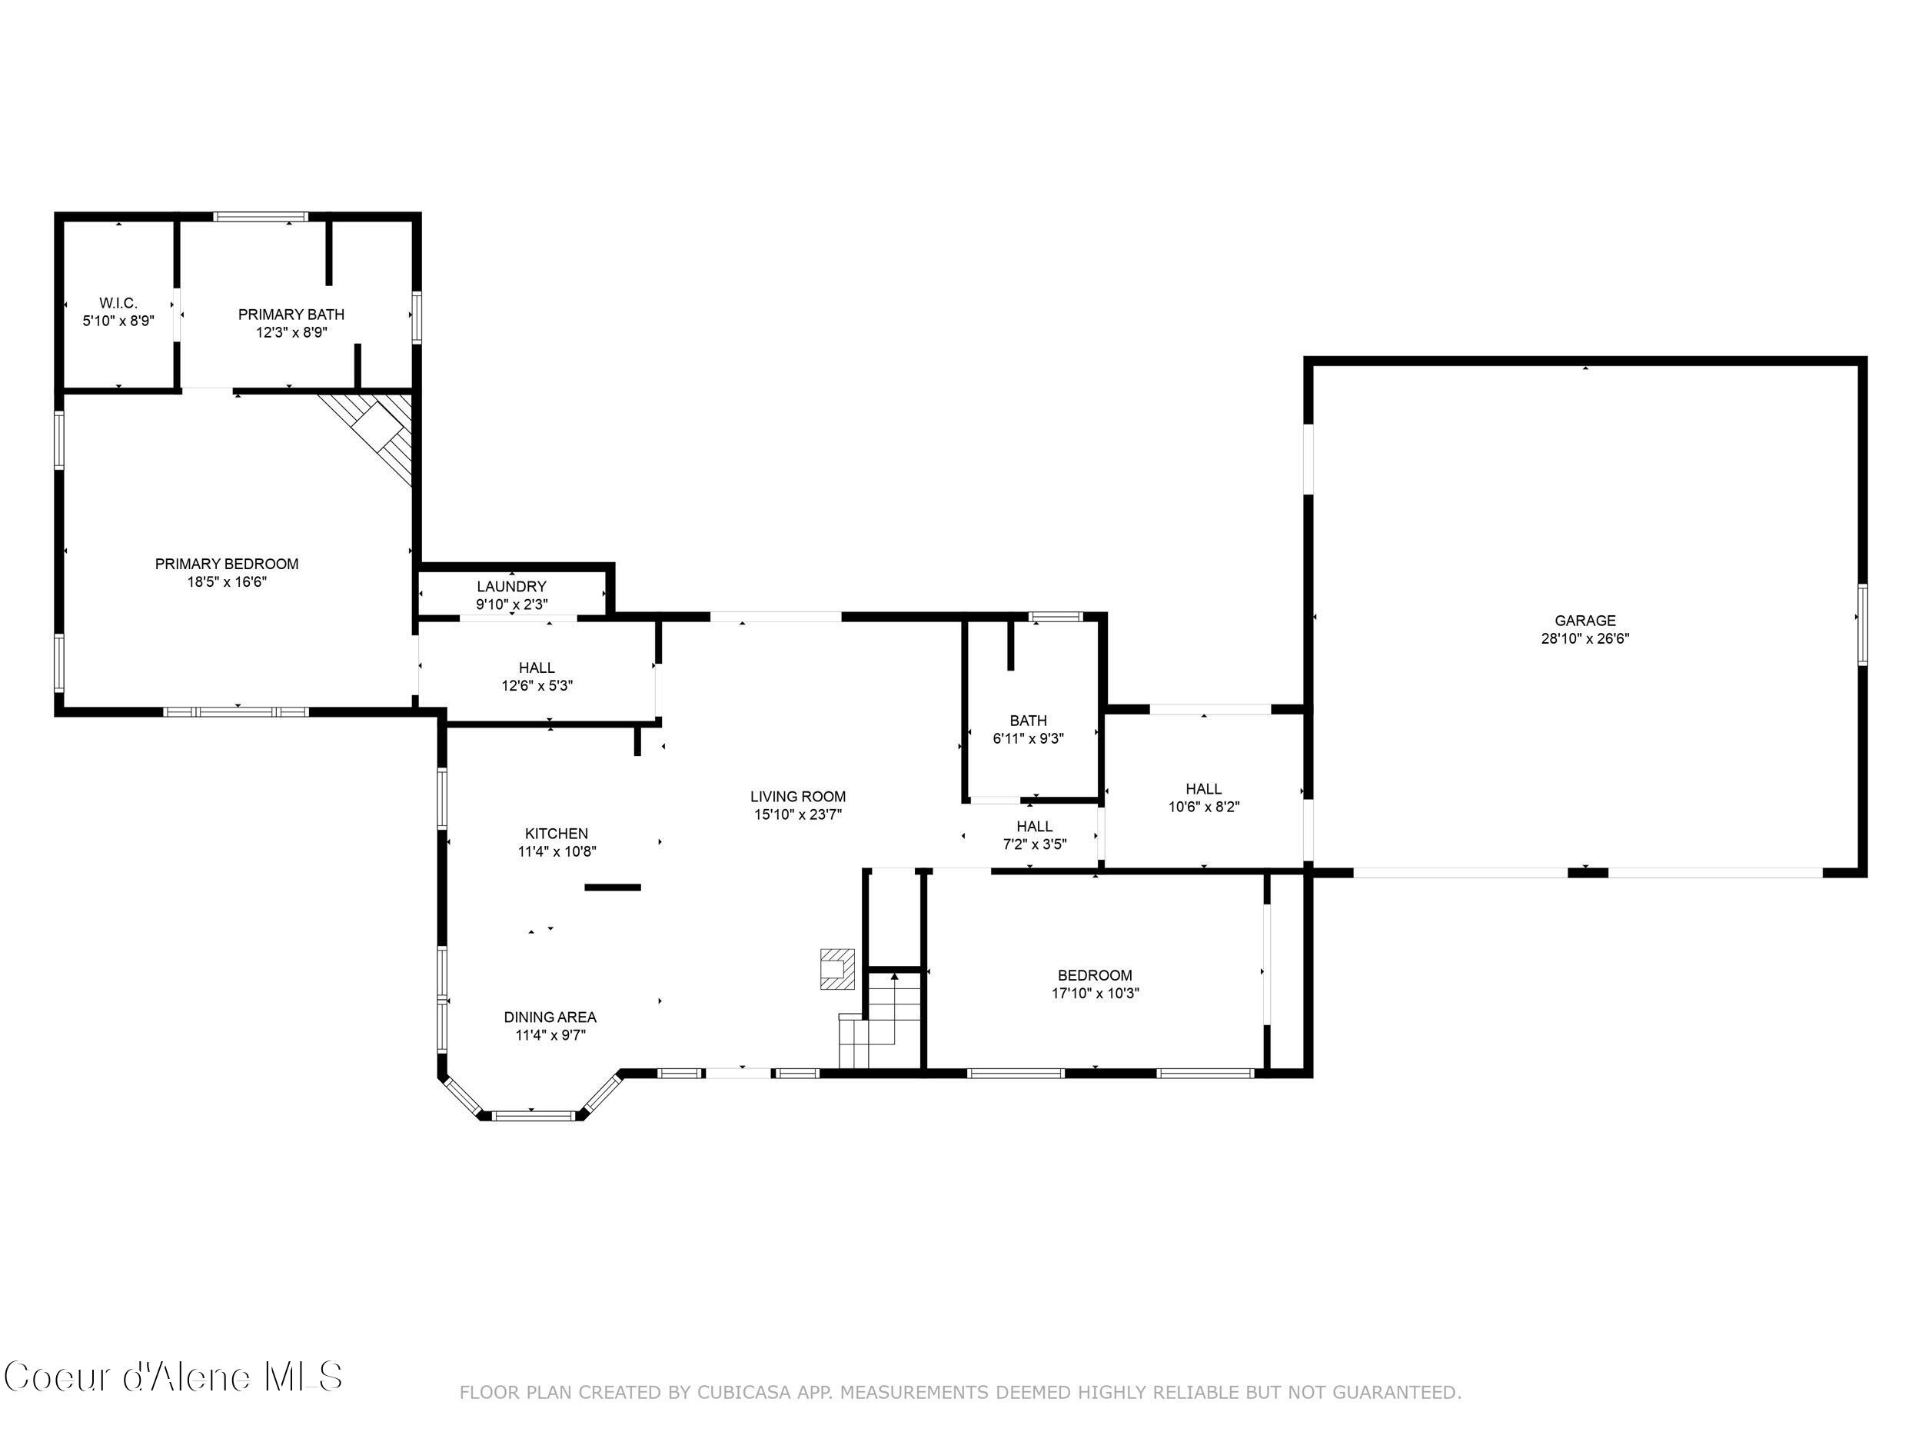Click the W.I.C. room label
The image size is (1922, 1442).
click(x=118, y=303)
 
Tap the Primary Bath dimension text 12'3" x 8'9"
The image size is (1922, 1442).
click(x=291, y=332)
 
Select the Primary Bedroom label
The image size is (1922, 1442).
click(x=227, y=564)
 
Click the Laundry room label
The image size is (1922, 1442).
click(x=511, y=587)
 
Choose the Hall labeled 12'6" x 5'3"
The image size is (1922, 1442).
click(x=536, y=676)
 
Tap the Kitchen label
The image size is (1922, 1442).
click(x=556, y=834)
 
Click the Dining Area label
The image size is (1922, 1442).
click(x=550, y=1017)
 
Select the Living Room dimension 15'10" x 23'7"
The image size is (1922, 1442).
click(x=798, y=814)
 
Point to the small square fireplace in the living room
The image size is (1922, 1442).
click(x=836, y=969)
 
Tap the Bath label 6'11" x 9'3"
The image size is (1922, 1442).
click(x=1028, y=729)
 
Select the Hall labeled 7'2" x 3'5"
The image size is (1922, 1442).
click(x=1034, y=834)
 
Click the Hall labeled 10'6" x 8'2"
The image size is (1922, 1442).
click(x=1203, y=797)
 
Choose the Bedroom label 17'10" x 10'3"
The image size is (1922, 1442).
click(x=1095, y=984)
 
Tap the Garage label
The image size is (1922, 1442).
click(x=1584, y=621)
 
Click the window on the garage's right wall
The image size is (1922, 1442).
click(x=1862, y=624)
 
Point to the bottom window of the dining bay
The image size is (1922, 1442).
click(x=534, y=1115)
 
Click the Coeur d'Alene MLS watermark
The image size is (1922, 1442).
click(x=173, y=1376)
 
